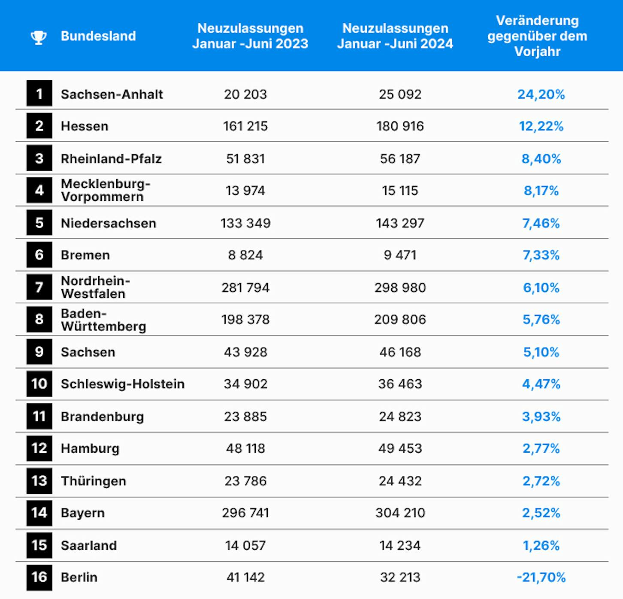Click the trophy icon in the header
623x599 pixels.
click(39, 37)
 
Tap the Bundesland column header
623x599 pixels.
click(98, 36)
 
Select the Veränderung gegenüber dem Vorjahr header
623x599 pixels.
click(537, 36)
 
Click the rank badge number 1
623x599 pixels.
click(39, 93)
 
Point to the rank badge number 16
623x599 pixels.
click(39, 577)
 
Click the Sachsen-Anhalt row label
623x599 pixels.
click(112, 94)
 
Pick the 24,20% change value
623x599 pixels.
click(541, 94)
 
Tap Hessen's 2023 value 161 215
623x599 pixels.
click(245, 126)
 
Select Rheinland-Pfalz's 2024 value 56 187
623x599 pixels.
click(400, 159)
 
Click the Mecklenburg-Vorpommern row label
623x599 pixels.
click(106, 190)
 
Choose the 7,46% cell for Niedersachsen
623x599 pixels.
click(541, 223)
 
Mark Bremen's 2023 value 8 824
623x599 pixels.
click(245, 255)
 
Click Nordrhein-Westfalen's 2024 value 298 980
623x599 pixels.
click(400, 287)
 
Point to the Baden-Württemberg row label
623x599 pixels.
click(103, 320)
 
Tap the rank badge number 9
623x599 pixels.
click(39, 351)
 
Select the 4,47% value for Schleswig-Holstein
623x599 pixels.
click(541, 384)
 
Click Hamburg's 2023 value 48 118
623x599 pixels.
click(245, 448)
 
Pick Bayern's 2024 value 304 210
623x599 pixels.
click(400, 513)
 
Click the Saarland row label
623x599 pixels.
click(89, 545)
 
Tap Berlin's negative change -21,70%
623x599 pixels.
click(541, 577)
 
